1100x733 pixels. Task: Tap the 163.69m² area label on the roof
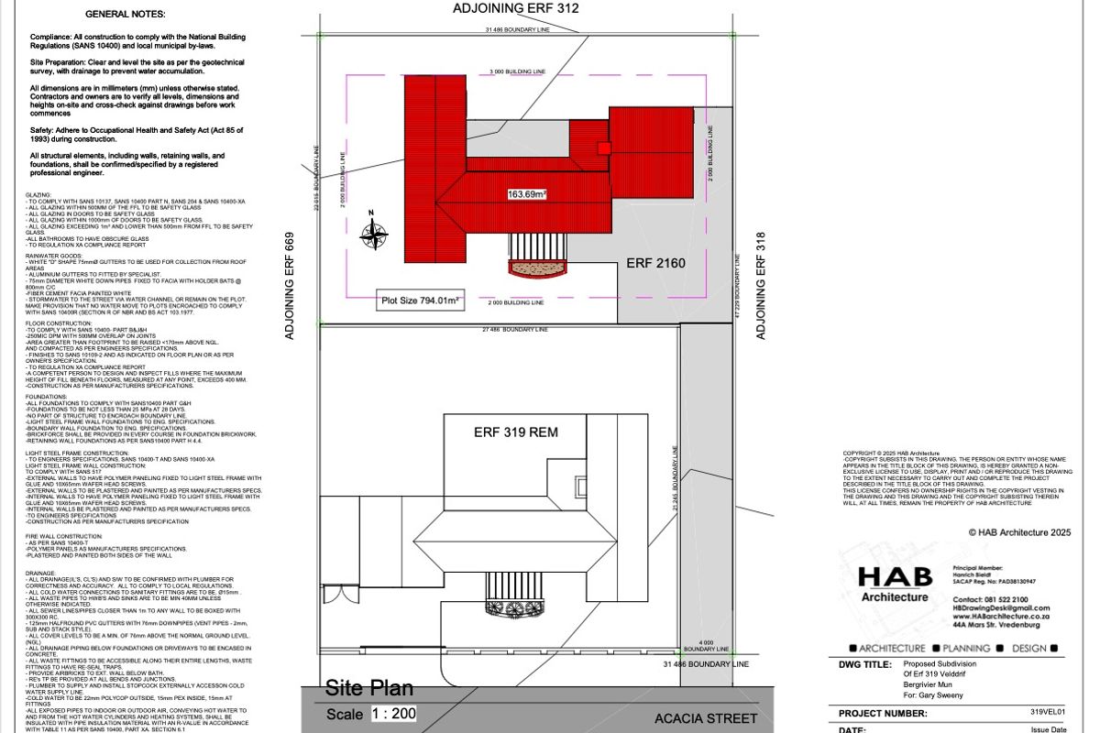coord(527,194)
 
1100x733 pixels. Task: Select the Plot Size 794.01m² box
coord(421,300)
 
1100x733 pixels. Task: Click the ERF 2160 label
coord(656,264)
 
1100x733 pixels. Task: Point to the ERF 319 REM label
coord(516,432)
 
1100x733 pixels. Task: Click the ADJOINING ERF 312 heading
coord(516,9)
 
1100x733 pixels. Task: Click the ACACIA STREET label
coord(706,718)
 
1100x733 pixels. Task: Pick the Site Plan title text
coord(369,688)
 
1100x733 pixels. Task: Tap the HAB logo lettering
coord(894,577)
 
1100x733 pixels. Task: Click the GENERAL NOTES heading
coord(126,15)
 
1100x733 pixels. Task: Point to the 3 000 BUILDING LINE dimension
coord(517,71)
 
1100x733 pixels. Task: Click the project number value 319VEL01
coord(1050,712)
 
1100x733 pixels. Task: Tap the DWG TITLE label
coord(864,665)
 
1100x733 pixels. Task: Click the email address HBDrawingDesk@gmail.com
coord(1001,607)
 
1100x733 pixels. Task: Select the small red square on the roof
coord(603,148)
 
